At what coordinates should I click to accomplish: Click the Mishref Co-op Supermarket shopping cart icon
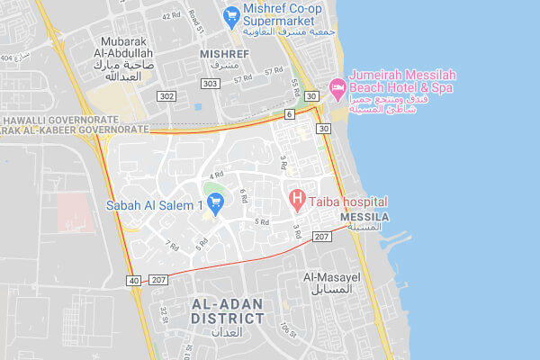pyautogui.click(x=231, y=14)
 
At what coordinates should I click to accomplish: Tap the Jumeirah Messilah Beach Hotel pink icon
pyautogui.click(x=339, y=88)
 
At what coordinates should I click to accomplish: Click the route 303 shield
pyautogui.click(x=211, y=84)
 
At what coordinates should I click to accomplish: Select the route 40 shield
pyautogui.click(x=134, y=280)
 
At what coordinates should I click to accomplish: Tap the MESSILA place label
pyautogui.click(x=364, y=218)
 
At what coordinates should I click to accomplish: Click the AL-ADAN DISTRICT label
pyautogui.click(x=228, y=310)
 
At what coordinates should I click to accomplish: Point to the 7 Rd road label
pyautogui.click(x=172, y=244)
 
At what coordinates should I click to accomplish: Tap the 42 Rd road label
pyautogui.click(x=171, y=15)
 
